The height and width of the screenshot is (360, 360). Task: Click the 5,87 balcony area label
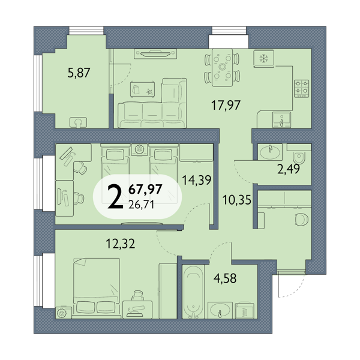click(x=79, y=73)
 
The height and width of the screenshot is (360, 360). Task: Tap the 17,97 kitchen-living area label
click(x=226, y=106)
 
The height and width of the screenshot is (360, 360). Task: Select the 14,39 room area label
click(x=197, y=180)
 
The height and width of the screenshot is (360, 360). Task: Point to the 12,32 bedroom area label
click(x=121, y=244)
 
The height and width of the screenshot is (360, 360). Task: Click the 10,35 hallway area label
click(x=237, y=200)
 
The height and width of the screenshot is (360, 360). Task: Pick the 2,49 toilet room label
click(x=289, y=169)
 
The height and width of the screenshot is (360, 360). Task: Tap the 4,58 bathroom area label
click(x=225, y=278)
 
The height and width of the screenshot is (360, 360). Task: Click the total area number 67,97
click(x=145, y=190)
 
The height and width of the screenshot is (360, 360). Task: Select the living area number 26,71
click(x=141, y=204)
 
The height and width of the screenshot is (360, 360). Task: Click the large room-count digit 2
click(x=115, y=197)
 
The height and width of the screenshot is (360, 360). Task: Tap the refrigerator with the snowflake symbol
click(x=264, y=59)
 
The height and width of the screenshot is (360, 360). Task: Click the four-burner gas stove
click(x=302, y=88)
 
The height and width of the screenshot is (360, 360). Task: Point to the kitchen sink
click(x=282, y=119)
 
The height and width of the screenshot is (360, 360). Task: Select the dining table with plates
click(x=222, y=67)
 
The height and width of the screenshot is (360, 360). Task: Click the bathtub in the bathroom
click(x=193, y=292)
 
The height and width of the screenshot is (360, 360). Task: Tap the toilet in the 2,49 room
click(x=299, y=157)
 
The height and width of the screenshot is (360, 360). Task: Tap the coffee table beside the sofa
click(x=142, y=89)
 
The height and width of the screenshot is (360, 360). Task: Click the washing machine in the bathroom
click(x=245, y=310)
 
